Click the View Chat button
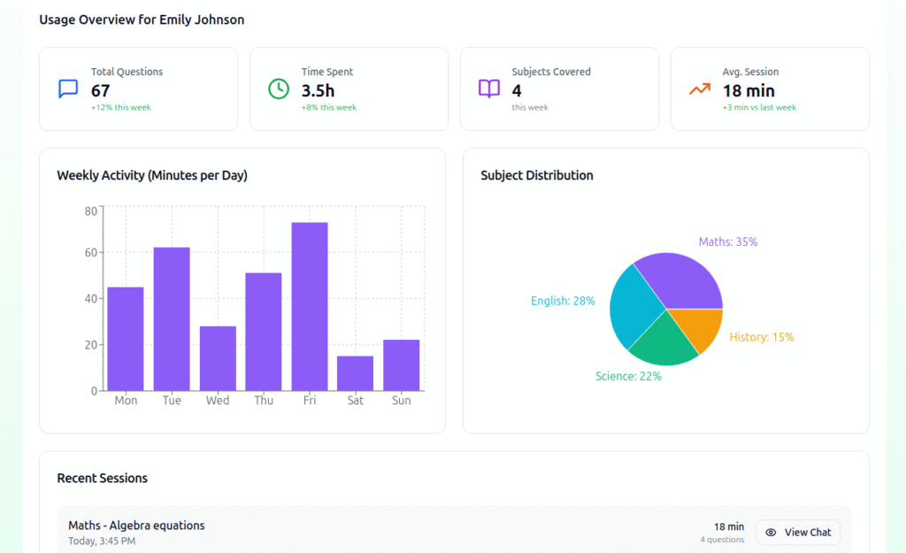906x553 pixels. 798,533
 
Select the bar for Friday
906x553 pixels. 310,306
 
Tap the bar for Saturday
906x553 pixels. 355,373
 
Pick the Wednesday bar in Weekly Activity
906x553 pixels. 218,357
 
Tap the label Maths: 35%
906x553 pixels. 727,242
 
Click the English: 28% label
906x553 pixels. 563,301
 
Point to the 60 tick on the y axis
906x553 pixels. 90,253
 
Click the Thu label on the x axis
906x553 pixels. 264,401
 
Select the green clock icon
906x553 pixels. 279,88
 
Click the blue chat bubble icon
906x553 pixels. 68,88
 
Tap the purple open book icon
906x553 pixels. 489,88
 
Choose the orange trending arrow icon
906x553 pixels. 700,88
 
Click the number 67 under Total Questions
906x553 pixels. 100,90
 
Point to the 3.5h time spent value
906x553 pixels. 319,90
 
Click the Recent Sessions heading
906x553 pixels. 102,478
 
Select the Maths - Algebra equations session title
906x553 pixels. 136,526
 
